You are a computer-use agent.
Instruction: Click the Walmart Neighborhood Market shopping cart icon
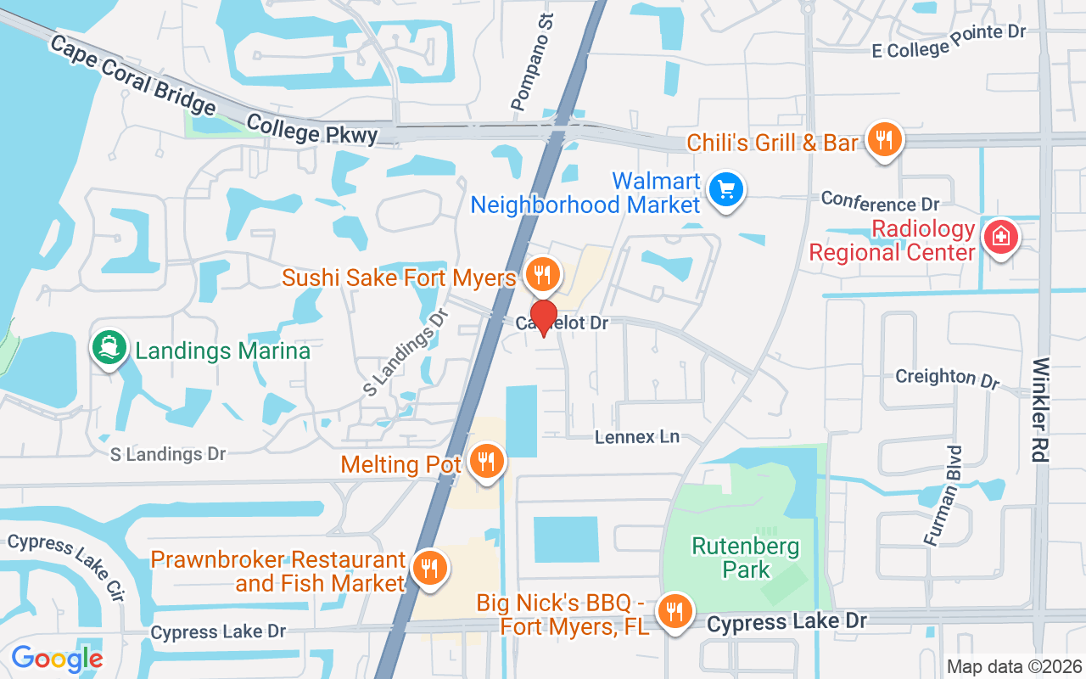pyautogui.click(x=725, y=190)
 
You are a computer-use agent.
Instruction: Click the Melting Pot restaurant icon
pyautogui.click(x=486, y=462)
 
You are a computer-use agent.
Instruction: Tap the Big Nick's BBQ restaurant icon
pyautogui.click(x=675, y=610)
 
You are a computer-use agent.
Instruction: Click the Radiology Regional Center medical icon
pyautogui.click(x=1000, y=237)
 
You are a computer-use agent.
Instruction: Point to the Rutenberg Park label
pyautogui.click(x=746, y=557)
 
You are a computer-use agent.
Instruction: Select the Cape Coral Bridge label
pyautogui.click(x=132, y=74)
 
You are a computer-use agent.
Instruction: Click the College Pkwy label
pyautogui.click(x=312, y=130)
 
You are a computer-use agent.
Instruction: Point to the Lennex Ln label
pyautogui.click(x=637, y=437)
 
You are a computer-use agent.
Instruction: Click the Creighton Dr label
pyautogui.click(x=949, y=378)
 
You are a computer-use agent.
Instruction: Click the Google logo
pyautogui.click(x=57, y=659)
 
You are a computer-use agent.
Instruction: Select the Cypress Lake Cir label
pyautogui.click(x=66, y=568)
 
